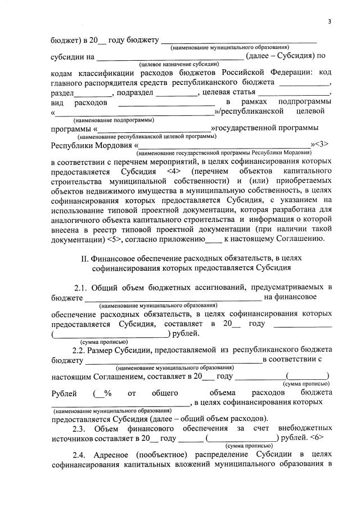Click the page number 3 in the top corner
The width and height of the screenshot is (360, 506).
(x=330, y=21)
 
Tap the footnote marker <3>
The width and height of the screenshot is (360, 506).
(x=321, y=145)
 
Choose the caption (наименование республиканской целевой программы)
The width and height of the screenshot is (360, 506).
(x=147, y=137)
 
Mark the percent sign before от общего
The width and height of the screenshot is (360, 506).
(x=107, y=392)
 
